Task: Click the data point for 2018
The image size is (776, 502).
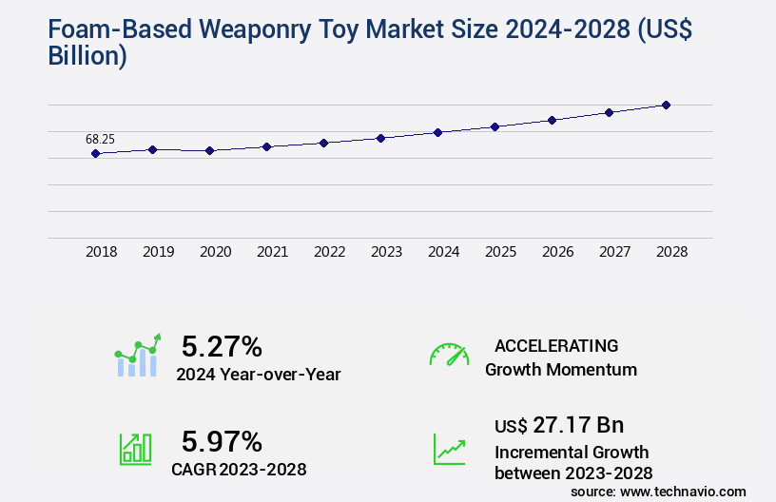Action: tap(95, 153)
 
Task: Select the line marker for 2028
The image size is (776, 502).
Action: tap(666, 105)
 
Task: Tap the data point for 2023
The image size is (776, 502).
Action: tap(380, 138)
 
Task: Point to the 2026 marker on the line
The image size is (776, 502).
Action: tap(552, 120)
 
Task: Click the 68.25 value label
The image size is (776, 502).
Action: tap(100, 139)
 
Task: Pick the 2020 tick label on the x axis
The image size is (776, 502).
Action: tap(215, 252)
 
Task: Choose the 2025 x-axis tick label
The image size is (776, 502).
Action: tap(500, 252)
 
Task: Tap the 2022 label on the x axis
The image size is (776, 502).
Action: tap(329, 252)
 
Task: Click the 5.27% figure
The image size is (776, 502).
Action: tap(222, 346)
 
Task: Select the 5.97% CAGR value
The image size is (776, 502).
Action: tap(222, 441)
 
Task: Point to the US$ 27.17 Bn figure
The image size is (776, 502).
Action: tap(559, 425)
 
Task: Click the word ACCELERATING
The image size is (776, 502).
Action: tap(556, 345)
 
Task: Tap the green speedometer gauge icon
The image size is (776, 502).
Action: tap(449, 354)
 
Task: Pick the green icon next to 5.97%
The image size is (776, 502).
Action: tap(135, 449)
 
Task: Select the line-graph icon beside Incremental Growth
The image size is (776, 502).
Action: tap(449, 449)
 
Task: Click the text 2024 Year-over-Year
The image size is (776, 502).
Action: tap(259, 375)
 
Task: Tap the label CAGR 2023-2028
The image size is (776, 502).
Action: tap(239, 469)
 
